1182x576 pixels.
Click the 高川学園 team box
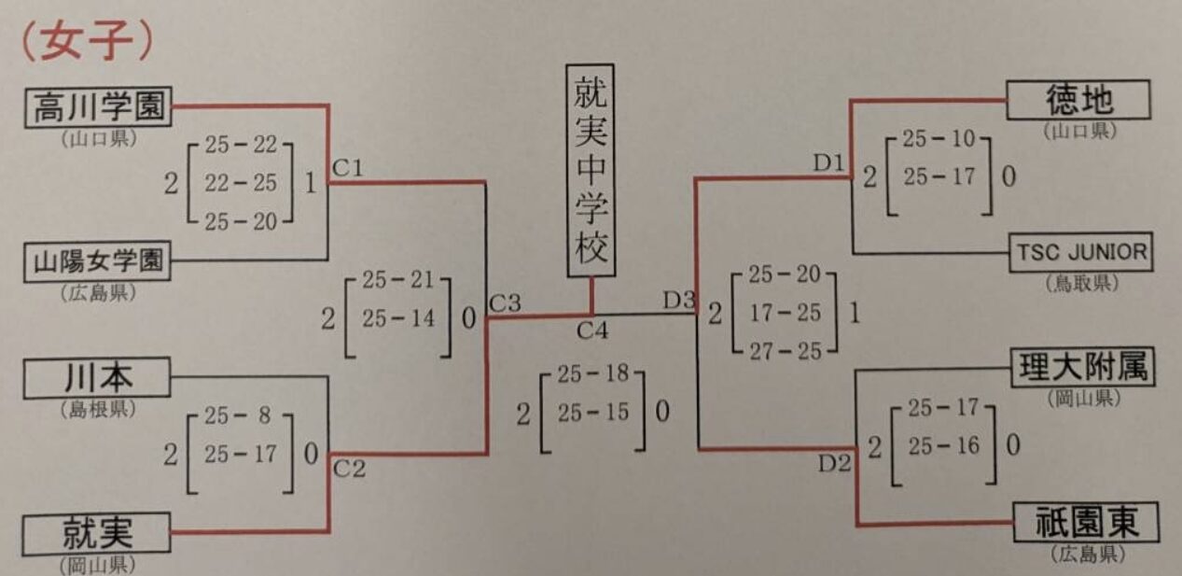point(97,107)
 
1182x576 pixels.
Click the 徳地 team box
point(1078,100)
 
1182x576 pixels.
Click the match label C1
point(347,168)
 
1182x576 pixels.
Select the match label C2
point(349,469)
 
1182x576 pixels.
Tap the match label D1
point(827,163)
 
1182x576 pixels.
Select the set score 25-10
point(939,140)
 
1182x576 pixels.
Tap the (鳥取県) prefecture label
point(1080,283)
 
